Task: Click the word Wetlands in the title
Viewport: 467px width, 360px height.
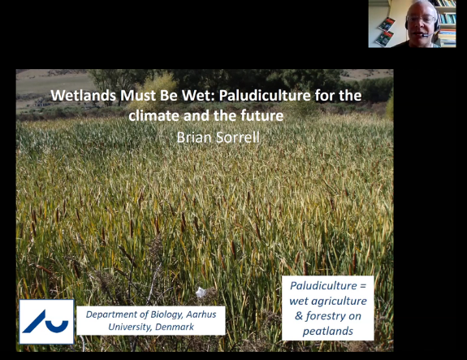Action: click(84, 95)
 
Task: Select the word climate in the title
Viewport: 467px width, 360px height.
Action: click(154, 115)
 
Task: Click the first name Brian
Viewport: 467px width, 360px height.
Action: click(194, 137)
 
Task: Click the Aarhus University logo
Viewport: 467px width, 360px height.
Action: click(46, 322)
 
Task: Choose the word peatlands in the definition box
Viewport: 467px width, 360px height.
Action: click(328, 332)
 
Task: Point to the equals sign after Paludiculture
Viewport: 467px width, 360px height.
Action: click(363, 286)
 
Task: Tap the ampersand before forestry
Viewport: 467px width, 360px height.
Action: click(299, 316)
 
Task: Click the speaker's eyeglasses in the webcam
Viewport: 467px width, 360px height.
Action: click(421, 19)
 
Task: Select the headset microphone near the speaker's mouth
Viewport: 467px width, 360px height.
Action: click(426, 36)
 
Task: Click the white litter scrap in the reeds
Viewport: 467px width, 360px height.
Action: click(201, 292)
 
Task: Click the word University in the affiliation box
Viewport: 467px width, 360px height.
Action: click(130, 327)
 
